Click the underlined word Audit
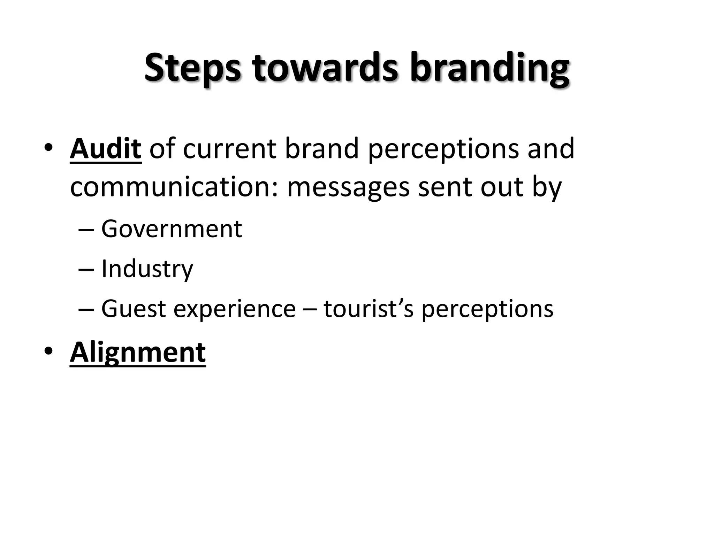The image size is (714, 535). click(x=106, y=149)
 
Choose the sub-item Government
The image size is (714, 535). click(x=172, y=229)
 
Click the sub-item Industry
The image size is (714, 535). click(x=147, y=269)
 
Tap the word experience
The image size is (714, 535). click(x=234, y=309)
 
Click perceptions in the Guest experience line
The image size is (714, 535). click(x=487, y=309)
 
